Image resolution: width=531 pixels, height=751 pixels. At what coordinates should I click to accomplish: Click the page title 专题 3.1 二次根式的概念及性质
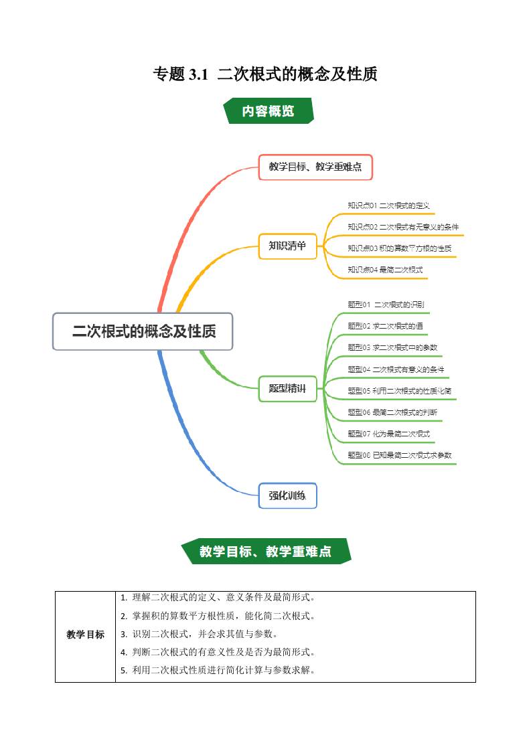[x=265, y=74]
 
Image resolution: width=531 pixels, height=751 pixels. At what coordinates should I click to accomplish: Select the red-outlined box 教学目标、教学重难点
[x=315, y=167]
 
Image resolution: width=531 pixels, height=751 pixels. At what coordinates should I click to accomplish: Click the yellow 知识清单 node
[x=287, y=246]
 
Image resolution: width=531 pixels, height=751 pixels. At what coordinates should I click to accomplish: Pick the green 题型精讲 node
[x=287, y=389]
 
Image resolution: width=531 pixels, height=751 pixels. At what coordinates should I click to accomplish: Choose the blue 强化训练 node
[x=287, y=496]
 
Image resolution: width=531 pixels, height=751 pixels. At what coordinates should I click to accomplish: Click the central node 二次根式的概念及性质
[x=143, y=331]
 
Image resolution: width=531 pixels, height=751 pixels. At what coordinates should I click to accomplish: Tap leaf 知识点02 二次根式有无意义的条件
[x=403, y=227]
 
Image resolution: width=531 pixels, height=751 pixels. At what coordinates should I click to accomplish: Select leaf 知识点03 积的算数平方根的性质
[x=399, y=248]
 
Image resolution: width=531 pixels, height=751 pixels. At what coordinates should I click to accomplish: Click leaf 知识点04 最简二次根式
[x=385, y=270]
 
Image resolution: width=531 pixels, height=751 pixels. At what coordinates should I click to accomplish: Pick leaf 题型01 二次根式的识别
[x=386, y=305]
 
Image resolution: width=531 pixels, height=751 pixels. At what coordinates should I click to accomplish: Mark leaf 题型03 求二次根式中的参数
[x=392, y=347]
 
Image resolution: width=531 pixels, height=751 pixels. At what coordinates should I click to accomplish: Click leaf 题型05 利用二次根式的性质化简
[x=399, y=391]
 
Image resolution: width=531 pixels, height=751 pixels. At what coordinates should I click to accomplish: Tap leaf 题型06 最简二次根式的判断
[x=392, y=412]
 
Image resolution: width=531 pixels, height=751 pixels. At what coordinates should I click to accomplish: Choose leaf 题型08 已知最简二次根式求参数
[x=399, y=455]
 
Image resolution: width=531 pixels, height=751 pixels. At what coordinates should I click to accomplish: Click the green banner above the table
[x=266, y=552]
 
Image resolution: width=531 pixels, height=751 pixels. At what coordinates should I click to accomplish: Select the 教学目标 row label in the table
[x=86, y=635]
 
